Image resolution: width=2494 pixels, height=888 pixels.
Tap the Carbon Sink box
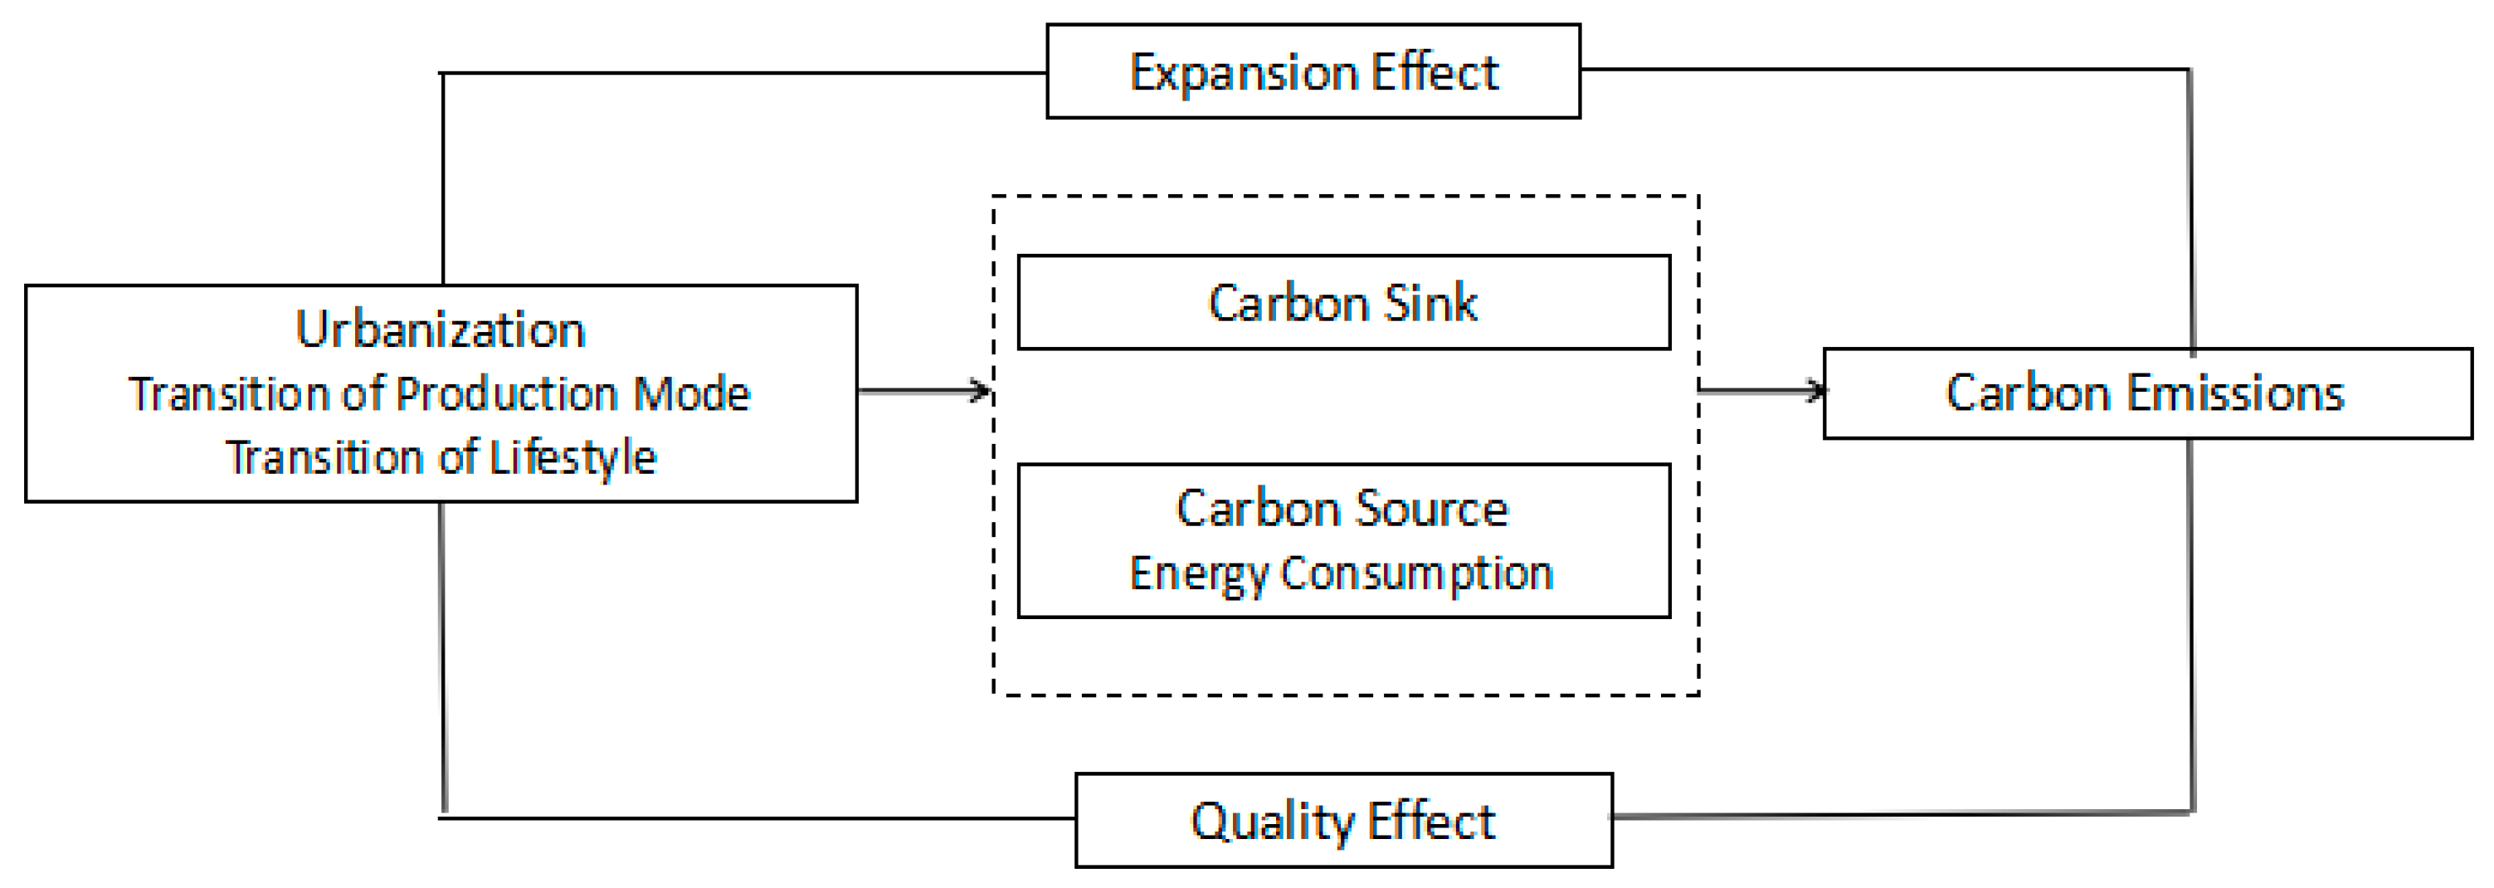[x=1343, y=302]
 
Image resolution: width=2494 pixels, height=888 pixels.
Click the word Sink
[x=1430, y=303]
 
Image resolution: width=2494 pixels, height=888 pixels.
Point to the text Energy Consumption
[x=1341, y=573]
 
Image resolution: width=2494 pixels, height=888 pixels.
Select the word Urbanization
[x=441, y=329]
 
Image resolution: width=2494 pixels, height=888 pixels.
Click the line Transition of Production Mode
[x=440, y=394]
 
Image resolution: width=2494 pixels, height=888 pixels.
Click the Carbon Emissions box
[x=2146, y=393]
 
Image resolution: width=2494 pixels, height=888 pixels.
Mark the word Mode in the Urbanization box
[x=691, y=394]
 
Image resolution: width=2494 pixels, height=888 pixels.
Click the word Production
[x=506, y=394]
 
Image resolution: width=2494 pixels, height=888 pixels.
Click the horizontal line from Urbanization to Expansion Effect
[x=746, y=73]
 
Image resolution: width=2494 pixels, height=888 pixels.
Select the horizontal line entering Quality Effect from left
[x=755, y=818]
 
